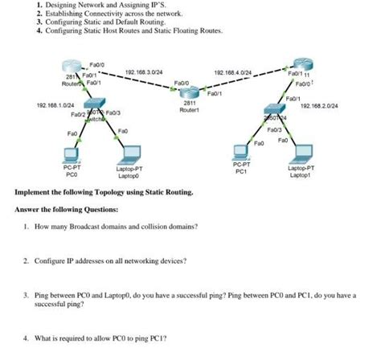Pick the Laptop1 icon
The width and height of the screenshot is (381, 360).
[x=302, y=153]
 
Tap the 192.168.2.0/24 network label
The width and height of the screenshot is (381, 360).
[x=319, y=104]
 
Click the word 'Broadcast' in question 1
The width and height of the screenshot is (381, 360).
[x=94, y=227]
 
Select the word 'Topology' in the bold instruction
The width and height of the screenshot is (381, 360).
[x=107, y=193]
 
